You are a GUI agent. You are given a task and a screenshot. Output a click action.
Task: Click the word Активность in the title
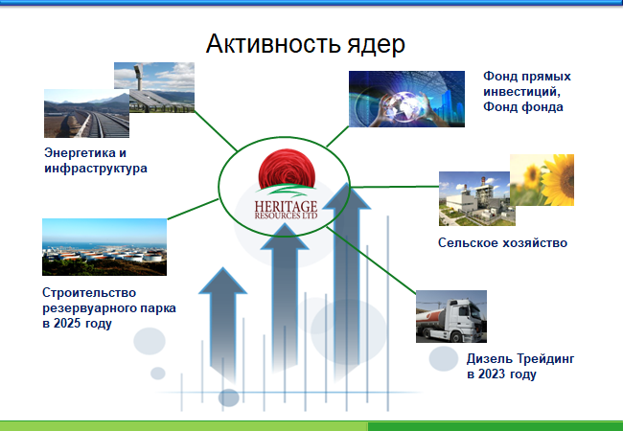pos(273,44)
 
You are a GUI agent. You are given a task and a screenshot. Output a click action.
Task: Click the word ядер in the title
pos(377,45)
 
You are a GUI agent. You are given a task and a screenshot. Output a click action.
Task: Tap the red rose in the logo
pos(287,169)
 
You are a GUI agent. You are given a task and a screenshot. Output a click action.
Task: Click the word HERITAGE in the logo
pos(286,207)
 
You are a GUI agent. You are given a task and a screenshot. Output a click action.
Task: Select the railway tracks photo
pos(86,114)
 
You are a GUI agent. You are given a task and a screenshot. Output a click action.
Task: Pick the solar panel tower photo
pos(154,87)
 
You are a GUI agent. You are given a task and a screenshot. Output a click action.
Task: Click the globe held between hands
pos(404,105)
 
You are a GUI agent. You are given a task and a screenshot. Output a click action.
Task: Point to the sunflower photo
pos(542,180)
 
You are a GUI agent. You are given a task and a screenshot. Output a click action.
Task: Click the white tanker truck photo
pos(451,316)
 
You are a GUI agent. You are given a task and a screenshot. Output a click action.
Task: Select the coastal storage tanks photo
pos(104,247)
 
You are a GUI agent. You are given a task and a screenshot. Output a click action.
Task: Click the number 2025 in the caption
pos(67,323)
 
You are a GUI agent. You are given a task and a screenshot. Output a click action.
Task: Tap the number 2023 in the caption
pos(492,374)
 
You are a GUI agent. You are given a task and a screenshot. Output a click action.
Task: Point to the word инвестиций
pos(521,92)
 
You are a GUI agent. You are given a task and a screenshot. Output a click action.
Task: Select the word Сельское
pos(468,242)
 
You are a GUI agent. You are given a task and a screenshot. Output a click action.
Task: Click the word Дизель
pos(490,359)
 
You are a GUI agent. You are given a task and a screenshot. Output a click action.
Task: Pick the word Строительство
pos(89,293)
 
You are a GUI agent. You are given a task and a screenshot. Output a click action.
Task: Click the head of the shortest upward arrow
pos(223,281)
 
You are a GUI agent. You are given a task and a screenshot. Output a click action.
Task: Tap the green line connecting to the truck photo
pos(371,261)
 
